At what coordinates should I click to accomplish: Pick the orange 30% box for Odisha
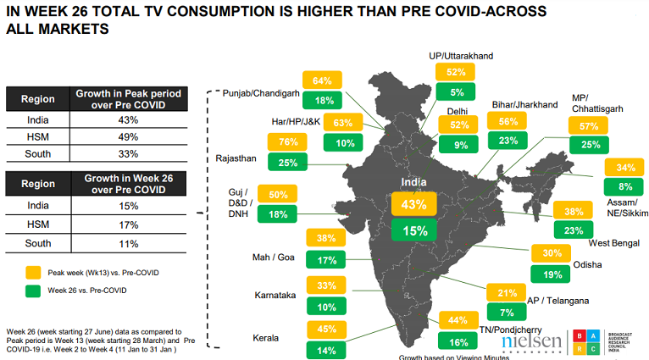click(x=552, y=253)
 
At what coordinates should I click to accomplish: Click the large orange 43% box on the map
click(x=413, y=204)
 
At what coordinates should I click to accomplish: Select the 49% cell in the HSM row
click(x=127, y=136)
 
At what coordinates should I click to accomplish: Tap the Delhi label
click(x=458, y=110)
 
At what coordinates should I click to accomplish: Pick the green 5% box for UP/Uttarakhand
click(x=457, y=93)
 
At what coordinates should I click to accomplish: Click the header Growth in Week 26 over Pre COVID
click(x=127, y=183)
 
